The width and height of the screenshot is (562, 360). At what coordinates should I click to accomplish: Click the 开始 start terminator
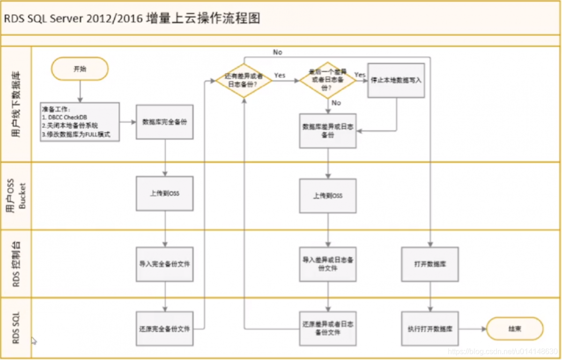click(x=80, y=69)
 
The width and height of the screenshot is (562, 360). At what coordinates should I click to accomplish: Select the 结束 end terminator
click(x=515, y=329)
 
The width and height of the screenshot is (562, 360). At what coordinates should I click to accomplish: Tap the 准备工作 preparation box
click(x=80, y=122)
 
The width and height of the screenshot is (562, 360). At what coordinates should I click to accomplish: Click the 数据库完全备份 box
click(x=165, y=121)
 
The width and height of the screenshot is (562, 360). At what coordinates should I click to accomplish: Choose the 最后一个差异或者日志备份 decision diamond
click(x=327, y=80)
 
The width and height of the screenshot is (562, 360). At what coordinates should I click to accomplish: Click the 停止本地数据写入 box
click(x=396, y=80)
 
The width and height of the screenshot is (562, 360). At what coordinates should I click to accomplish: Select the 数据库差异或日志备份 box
click(x=328, y=131)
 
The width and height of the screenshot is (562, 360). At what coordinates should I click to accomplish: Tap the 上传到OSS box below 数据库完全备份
click(x=165, y=194)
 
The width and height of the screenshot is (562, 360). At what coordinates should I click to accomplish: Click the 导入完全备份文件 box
click(x=165, y=264)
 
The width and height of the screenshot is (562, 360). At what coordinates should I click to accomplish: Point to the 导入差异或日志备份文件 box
click(x=328, y=264)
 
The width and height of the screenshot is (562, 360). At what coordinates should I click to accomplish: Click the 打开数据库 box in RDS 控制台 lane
click(x=430, y=264)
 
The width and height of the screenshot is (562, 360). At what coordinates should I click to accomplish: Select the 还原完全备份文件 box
click(x=165, y=329)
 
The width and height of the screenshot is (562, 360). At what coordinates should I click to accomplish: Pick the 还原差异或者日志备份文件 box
click(x=328, y=329)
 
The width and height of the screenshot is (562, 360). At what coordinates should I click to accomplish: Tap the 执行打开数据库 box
click(x=430, y=329)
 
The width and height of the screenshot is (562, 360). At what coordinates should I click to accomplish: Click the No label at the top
click(x=278, y=52)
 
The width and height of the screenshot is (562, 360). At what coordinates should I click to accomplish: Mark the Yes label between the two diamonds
click(x=280, y=75)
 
